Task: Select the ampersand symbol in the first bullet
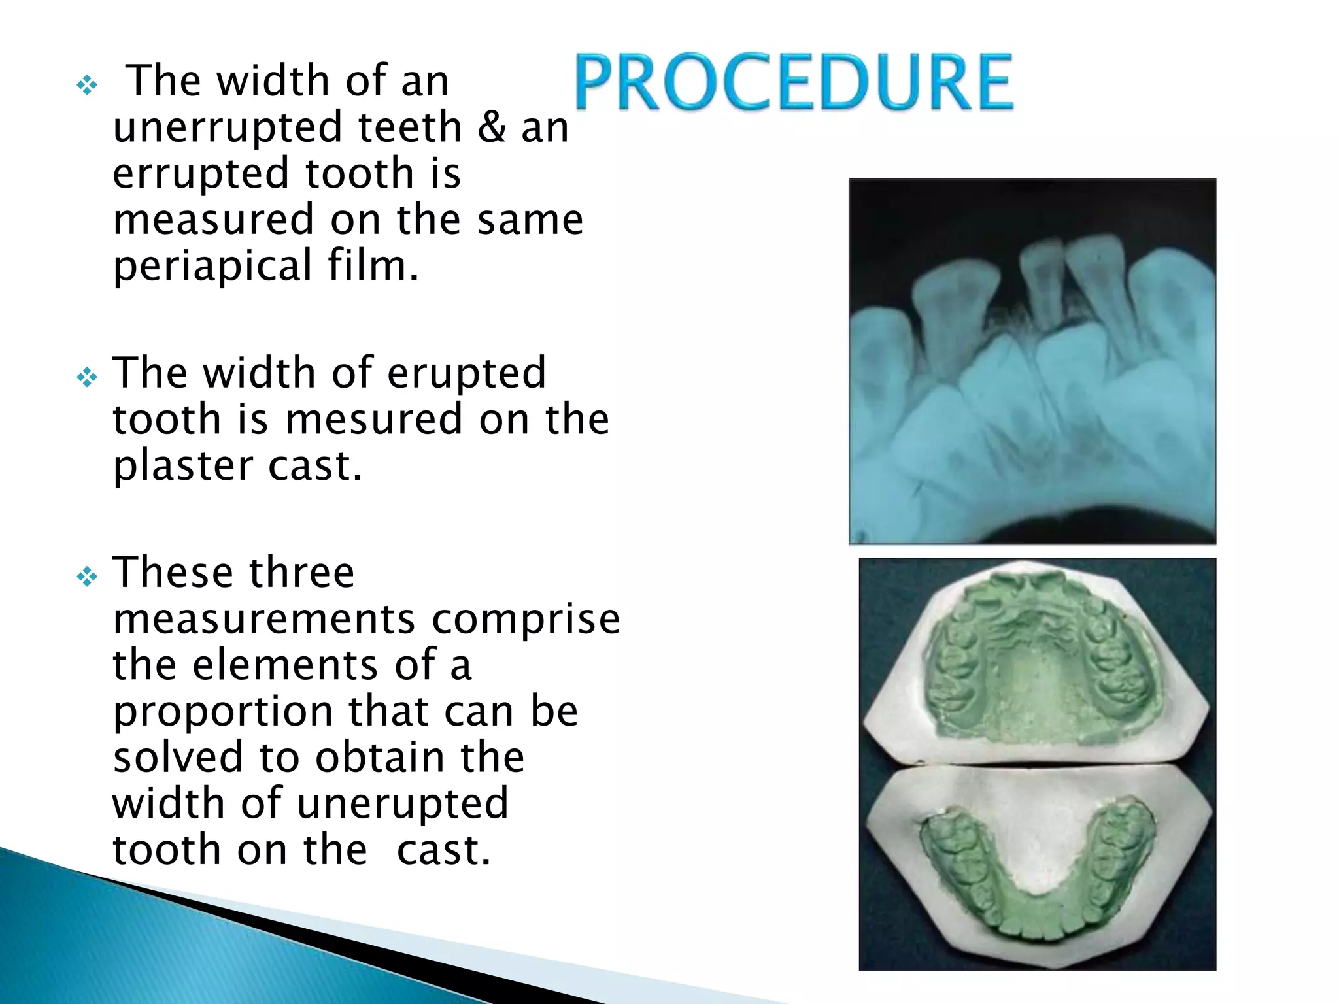coord(492,127)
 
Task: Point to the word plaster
coord(182,467)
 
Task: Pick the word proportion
coord(222,712)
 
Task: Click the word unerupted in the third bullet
coord(402,803)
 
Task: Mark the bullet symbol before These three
coord(87,577)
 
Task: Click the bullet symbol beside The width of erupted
coord(87,377)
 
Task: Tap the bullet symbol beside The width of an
coord(87,85)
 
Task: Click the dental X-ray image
coord(1032,361)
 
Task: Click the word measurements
coord(264,618)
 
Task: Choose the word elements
coord(285,665)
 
